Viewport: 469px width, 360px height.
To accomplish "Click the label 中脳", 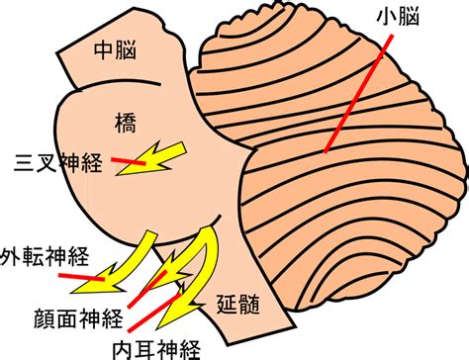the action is click(x=115, y=50).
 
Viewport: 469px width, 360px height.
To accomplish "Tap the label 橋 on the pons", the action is click(x=126, y=123).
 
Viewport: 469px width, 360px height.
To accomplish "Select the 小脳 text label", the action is click(x=398, y=16).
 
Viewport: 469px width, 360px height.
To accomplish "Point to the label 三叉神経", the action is click(x=57, y=163).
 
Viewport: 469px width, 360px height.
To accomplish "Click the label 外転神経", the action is click(x=45, y=256).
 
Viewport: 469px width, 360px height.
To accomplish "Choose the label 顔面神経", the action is click(x=78, y=318).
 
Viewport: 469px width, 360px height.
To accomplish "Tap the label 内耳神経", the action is click(x=156, y=350).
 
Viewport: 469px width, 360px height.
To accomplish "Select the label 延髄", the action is click(x=238, y=304).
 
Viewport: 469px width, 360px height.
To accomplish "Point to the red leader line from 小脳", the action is click(x=359, y=94).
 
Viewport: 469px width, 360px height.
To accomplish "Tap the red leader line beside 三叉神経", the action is click(x=129, y=161).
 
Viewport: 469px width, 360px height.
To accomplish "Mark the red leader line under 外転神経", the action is click(x=81, y=277).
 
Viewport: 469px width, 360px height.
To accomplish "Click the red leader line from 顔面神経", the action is click(x=147, y=289).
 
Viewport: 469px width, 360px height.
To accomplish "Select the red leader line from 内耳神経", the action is click(x=154, y=313).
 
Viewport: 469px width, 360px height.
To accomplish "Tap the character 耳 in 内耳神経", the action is click(x=145, y=350).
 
